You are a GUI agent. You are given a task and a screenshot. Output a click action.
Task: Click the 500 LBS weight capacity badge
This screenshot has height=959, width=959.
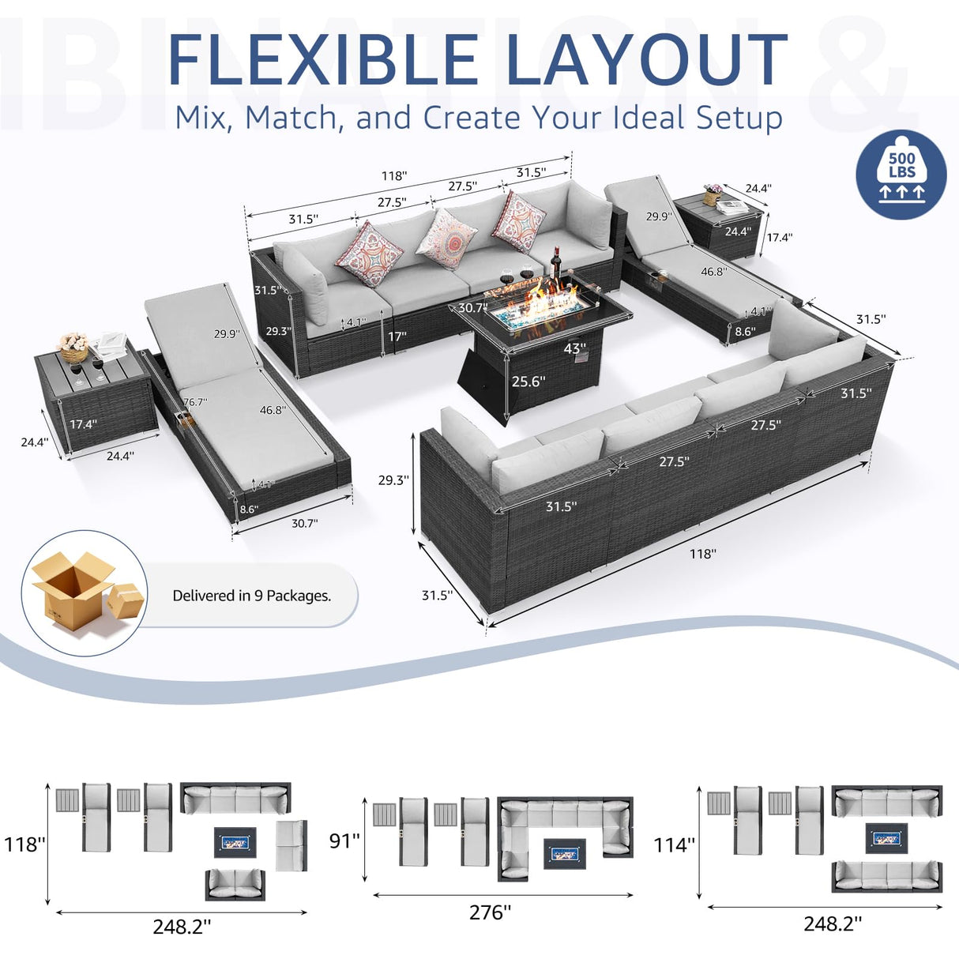901,175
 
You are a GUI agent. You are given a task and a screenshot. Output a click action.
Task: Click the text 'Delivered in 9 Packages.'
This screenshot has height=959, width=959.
252,596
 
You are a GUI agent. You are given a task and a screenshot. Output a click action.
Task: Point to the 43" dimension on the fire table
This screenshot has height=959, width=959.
574,348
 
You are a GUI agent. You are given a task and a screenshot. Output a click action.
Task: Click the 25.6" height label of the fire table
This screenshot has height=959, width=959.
528,382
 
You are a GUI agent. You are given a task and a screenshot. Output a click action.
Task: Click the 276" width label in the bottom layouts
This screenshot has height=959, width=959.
490,912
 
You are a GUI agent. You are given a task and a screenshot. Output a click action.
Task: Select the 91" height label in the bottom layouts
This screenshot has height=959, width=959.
344,841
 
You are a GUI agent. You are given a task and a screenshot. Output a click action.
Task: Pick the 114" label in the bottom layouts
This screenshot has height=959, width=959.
674,845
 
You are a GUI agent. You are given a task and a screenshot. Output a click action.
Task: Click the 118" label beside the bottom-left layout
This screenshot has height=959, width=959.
24,844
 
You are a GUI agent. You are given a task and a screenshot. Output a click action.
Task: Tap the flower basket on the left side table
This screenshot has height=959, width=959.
73,346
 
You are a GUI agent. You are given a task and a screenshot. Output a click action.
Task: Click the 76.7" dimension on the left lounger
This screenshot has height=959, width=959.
195,402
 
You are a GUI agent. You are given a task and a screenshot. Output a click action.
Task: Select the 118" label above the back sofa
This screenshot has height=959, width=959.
394,176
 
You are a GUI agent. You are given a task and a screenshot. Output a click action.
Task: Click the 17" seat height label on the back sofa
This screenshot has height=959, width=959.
397,337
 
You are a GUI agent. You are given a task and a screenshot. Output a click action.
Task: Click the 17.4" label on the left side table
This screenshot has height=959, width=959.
83,424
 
